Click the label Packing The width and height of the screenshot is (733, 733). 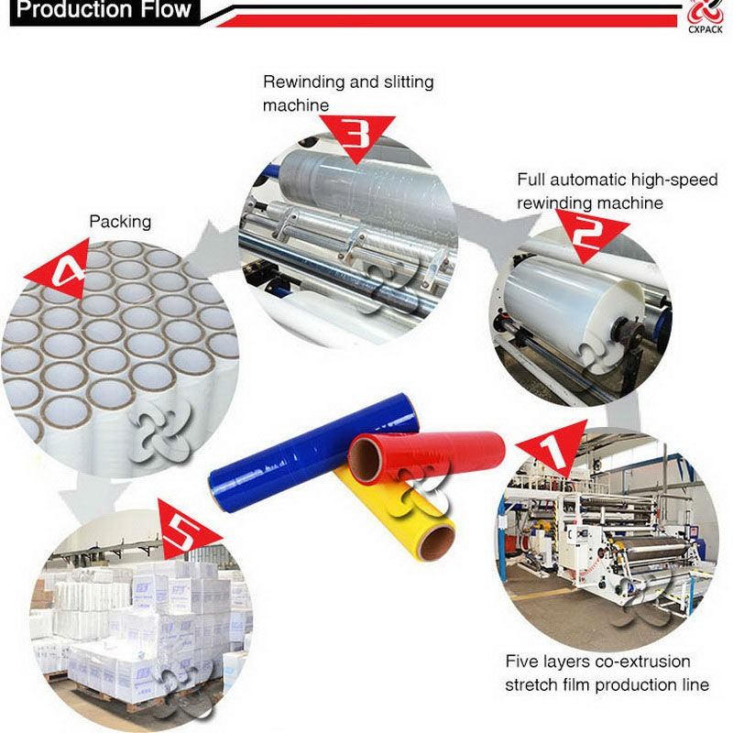tap(120, 222)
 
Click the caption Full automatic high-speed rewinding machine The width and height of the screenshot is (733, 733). tap(618, 191)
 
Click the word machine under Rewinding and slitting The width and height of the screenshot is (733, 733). tap(296, 105)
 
